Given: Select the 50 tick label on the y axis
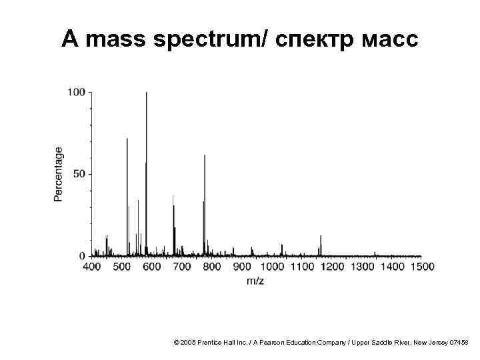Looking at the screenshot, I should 79,174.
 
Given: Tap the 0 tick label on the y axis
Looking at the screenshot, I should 82,256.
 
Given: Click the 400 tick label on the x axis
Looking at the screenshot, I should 91,267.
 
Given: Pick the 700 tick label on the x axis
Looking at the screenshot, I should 182,267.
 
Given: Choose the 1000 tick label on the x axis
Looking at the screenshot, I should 271,267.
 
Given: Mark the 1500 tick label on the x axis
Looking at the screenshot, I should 421,267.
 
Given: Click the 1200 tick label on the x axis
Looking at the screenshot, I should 331,267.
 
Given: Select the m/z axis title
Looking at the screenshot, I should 255,281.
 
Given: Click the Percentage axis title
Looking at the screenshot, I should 59,174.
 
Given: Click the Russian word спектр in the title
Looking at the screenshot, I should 314,41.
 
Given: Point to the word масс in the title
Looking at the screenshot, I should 391,41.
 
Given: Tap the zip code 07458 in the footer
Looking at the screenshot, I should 459,342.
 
